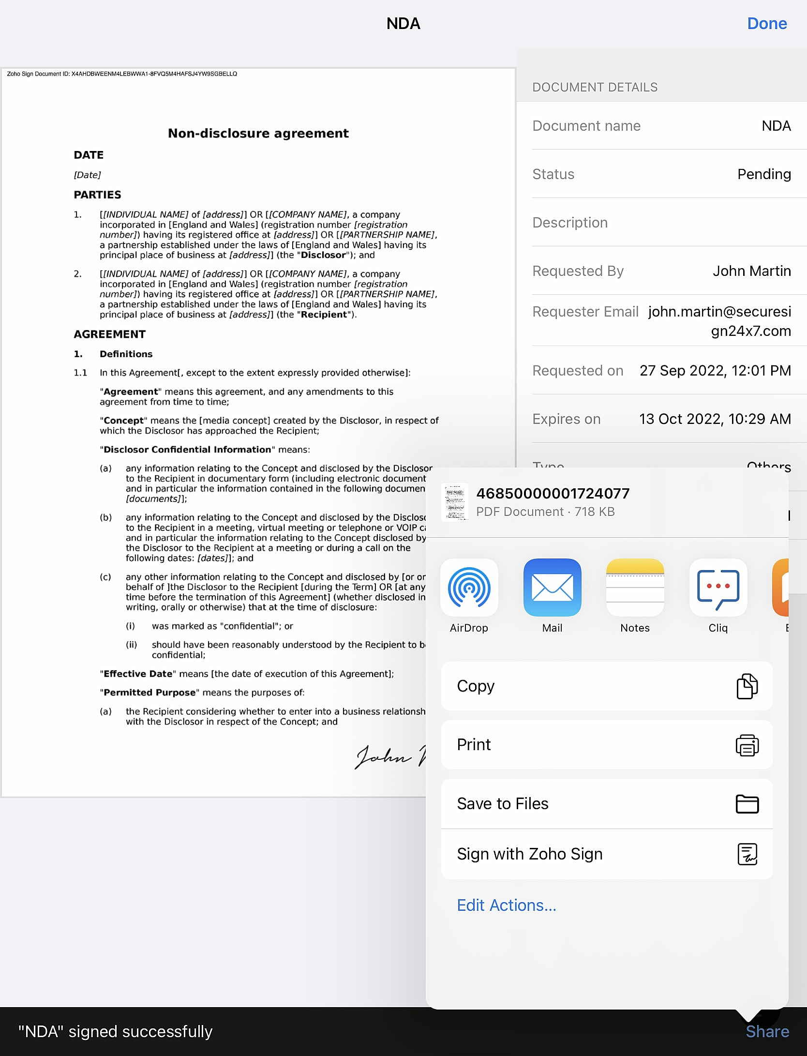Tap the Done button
coord(766,23)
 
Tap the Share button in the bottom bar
coord(767,1031)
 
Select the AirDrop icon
coord(469,588)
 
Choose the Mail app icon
coord(552,588)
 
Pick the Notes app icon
coord(635,588)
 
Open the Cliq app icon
coord(718,588)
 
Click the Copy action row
coord(606,686)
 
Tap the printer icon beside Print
coord(747,745)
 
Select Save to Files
coord(606,803)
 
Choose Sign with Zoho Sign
coord(606,854)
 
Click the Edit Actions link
coord(506,905)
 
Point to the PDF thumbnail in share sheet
coord(455,502)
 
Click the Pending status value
coord(763,174)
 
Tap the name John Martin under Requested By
coord(751,271)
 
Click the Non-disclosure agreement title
coord(258,133)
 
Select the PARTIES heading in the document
coord(97,195)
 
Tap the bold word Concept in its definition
coord(124,421)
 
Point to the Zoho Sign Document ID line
coord(121,74)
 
